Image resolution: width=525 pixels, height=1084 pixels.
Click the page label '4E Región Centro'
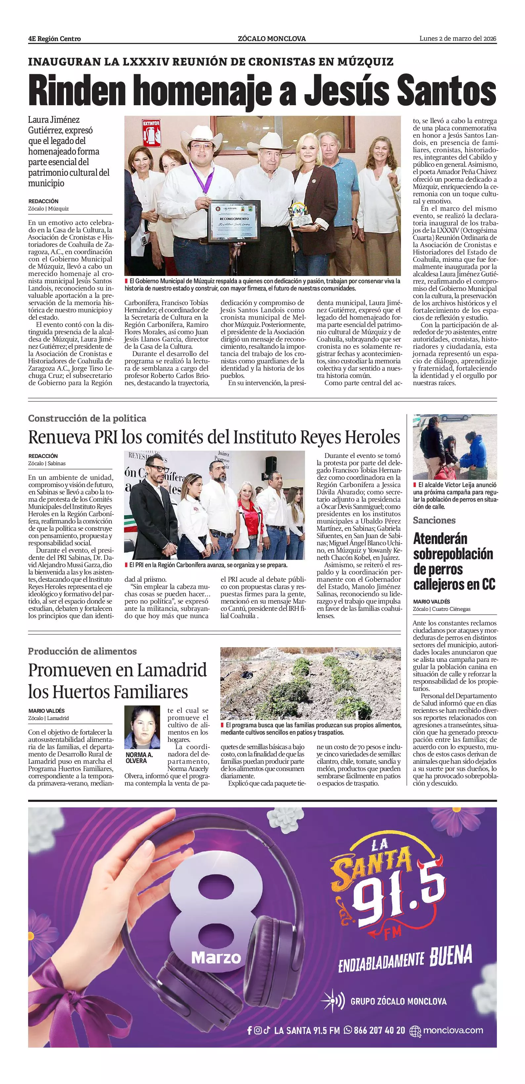click(54, 39)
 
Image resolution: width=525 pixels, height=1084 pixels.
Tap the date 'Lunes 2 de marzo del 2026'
click(458, 39)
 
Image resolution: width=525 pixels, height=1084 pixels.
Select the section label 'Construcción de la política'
click(87, 418)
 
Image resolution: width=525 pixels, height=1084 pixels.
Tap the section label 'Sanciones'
click(434, 520)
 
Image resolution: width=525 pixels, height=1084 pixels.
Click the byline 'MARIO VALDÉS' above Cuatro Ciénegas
click(431, 602)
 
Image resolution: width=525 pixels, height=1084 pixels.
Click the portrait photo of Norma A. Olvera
click(142, 728)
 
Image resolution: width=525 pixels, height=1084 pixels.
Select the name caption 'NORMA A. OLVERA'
click(139, 757)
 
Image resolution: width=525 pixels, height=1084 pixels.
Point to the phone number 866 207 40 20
click(379, 1030)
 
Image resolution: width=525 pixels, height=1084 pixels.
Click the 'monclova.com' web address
click(453, 1030)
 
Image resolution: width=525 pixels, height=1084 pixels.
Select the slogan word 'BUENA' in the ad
click(451, 956)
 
